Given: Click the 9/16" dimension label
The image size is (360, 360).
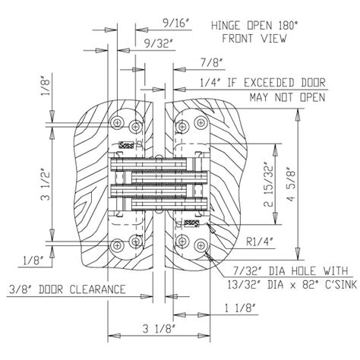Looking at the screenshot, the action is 176,23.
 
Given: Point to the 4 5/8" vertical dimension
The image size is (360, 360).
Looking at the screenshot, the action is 292,185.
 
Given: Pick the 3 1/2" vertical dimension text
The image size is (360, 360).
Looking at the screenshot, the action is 46,184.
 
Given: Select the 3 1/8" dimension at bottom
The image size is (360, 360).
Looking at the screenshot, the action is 159,330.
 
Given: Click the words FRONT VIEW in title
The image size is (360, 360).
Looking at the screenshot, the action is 254,39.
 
